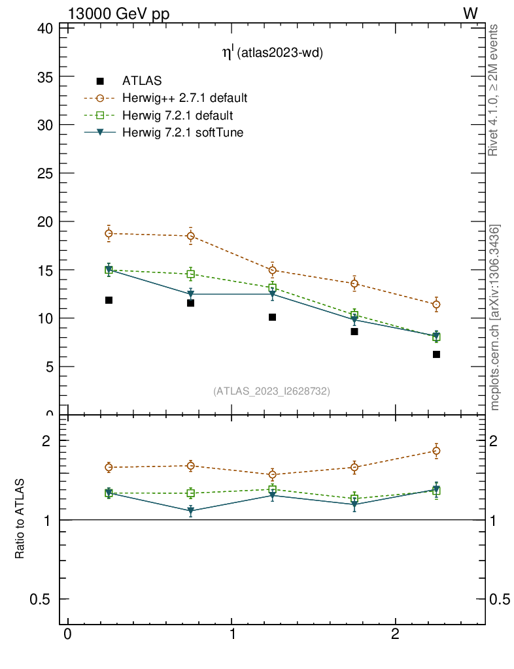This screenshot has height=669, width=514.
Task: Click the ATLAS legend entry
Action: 142,81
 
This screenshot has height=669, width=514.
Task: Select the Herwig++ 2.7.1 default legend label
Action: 184,99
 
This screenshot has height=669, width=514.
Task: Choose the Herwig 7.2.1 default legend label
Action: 177,116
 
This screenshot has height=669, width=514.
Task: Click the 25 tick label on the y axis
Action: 45,173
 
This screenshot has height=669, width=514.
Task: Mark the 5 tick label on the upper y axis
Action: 49,367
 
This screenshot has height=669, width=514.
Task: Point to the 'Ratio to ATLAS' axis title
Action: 20,519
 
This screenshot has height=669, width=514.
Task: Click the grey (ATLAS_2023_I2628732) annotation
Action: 271,391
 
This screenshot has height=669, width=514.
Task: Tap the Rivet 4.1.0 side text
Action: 494,90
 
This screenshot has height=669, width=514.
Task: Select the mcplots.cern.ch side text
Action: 495,318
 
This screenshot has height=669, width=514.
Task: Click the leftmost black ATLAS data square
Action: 109,301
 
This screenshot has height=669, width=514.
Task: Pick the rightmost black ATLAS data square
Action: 436,354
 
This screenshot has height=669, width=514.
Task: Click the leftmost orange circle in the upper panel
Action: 109,233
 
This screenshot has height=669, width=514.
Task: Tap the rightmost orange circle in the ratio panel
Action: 436,451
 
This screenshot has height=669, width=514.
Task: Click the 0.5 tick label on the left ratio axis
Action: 40,600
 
